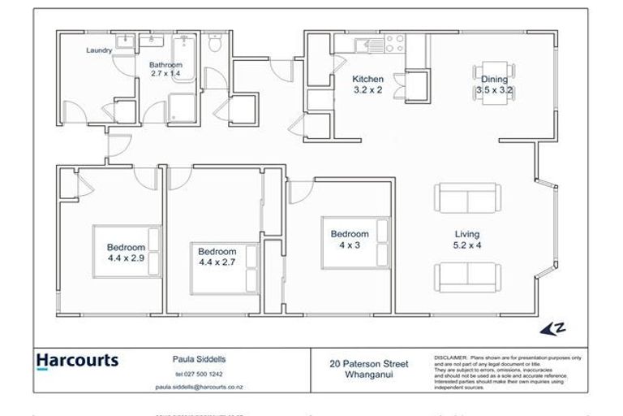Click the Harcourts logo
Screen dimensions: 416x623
(x=77, y=360)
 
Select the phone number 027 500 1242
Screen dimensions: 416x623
(x=199, y=374)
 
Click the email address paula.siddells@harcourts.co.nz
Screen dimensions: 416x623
(x=199, y=388)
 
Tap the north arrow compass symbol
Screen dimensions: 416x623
(x=552, y=328)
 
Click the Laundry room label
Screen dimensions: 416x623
(x=99, y=50)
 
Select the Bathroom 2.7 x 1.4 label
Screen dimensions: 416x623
(x=165, y=69)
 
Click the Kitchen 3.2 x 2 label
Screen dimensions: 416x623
(x=367, y=84)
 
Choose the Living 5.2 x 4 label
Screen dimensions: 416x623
(x=466, y=239)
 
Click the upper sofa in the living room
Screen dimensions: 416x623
(x=466, y=197)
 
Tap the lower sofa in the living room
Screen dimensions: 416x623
(x=466, y=277)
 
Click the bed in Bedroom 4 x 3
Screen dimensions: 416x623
(x=358, y=241)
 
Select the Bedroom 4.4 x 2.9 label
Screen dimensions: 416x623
(x=126, y=252)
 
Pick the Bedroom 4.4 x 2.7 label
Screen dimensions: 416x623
(x=217, y=257)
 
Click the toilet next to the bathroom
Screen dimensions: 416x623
(x=213, y=45)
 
